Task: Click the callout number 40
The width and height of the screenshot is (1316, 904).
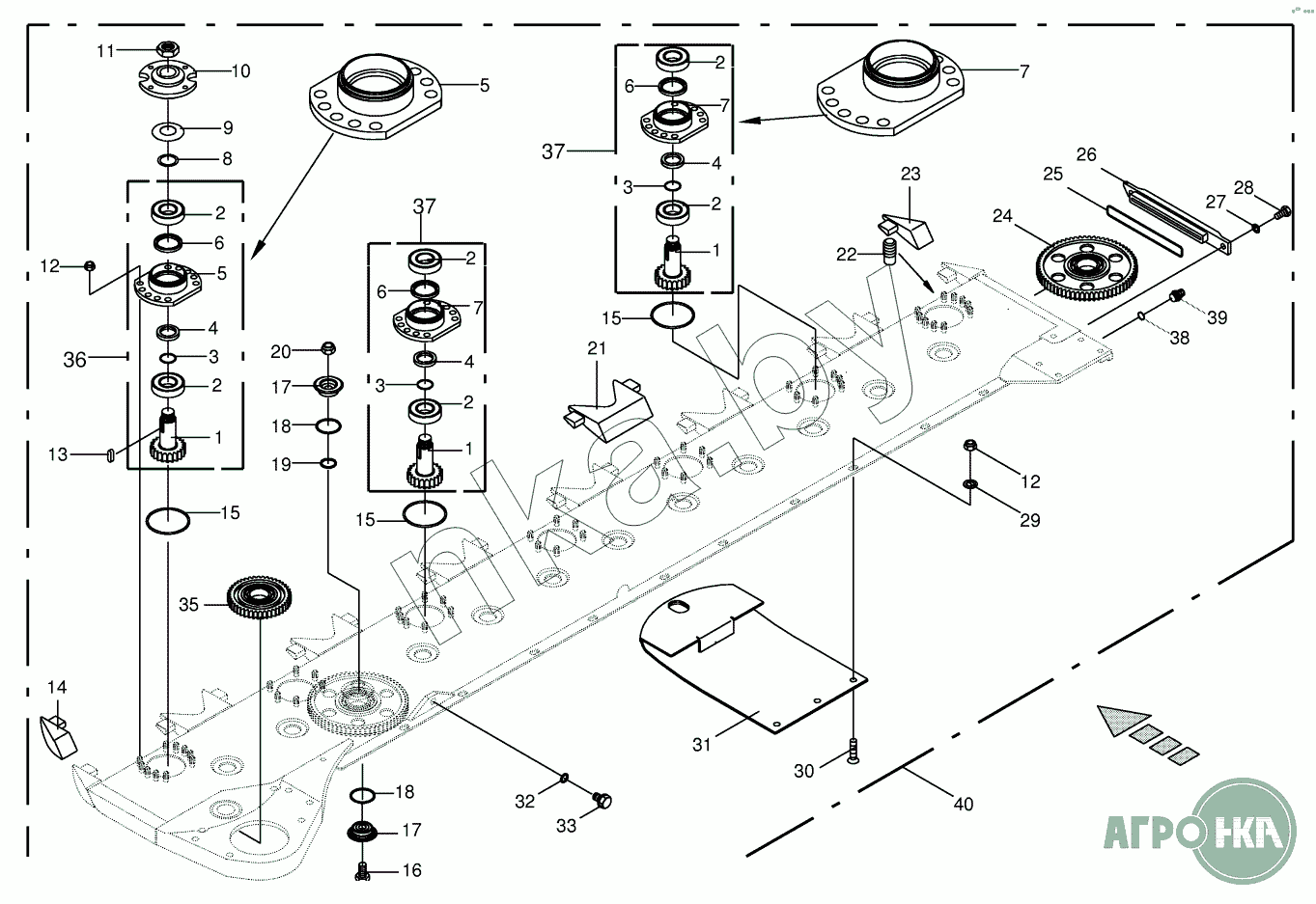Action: click(x=963, y=803)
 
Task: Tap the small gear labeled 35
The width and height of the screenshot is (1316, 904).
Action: click(x=261, y=601)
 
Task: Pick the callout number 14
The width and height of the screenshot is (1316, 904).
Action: click(x=57, y=687)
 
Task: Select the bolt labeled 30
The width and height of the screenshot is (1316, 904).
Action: click(x=853, y=750)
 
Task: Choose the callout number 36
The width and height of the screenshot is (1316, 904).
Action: click(x=74, y=360)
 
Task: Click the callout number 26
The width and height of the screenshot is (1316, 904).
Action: click(x=1086, y=154)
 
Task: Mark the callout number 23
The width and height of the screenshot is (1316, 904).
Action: click(x=910, y=174)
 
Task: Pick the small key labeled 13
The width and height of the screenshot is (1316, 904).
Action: click(x=110, y=453)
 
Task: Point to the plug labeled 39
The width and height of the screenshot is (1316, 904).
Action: click(x=1176, y=297)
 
